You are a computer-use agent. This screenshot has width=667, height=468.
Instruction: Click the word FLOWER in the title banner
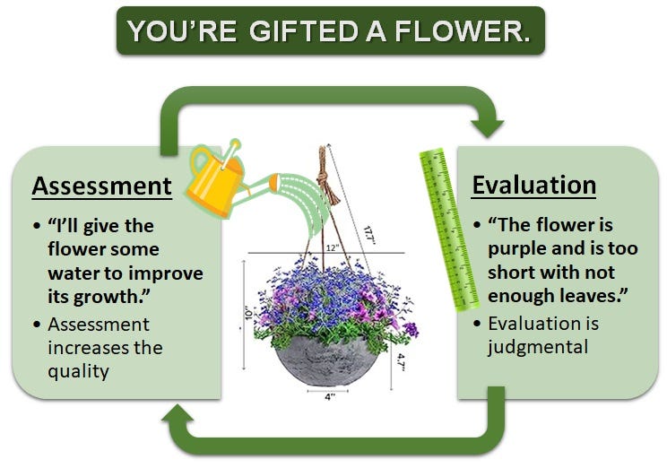(x=462, y=31)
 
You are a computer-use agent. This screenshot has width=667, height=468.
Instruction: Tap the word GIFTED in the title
(x=303, y=31)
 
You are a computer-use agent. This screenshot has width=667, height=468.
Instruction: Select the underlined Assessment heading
(x=101, y=186)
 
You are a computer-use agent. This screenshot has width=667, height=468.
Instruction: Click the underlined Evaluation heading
(x=533, y=185)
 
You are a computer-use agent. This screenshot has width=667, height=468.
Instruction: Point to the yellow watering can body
(x=214, y=182)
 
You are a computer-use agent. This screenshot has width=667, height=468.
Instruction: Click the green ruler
(x=448, y=229)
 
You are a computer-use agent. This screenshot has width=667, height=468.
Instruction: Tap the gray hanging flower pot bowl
(x=326, y=360)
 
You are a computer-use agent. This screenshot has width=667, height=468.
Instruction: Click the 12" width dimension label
(x=333, y=247)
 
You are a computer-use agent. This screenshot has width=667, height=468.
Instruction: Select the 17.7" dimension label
(x=369, y=235)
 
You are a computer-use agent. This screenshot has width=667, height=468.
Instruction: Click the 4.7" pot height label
(x=400, y=361)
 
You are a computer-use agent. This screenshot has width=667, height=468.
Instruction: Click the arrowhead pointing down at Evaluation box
(x=487, y=127)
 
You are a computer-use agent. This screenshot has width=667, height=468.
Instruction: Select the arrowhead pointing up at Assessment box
(x=178, y=414)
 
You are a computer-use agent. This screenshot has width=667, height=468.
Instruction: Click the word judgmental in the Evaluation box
(x=538, y=347)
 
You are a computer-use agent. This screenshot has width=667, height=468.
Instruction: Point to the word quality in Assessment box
(x=78, y=371)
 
